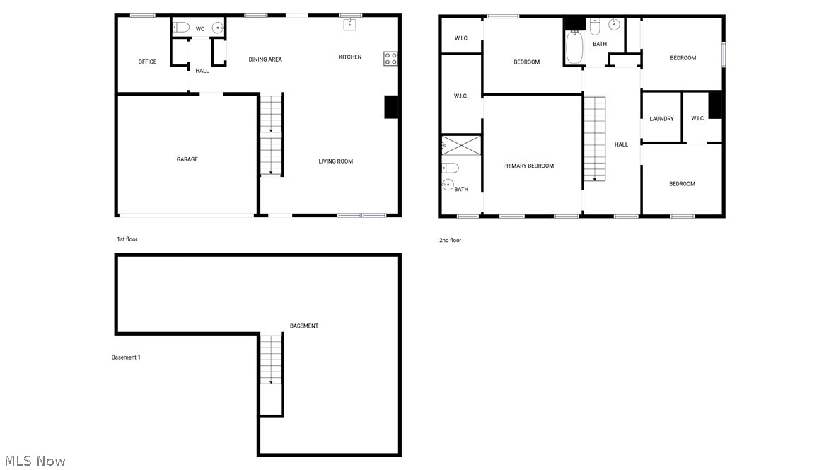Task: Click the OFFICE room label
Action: click(x=147, y=62)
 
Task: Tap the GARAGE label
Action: click(x=187, y=160)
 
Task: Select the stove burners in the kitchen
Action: click(x=390, y=59)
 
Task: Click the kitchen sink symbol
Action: click(x=349, y=25)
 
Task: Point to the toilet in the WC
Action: click(x=181, y=28)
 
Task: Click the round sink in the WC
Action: click(x=217, y=28)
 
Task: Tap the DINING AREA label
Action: click(x=265, y=59)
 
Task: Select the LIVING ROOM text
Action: click(x=335, y=161)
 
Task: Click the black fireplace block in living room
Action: click(x=391, y=107)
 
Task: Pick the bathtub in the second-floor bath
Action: click(x=574, y=47)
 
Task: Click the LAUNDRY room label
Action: click(x=661, y=119)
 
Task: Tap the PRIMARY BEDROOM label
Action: click(x=528, y=166)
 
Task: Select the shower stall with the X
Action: click(x=460, y=147)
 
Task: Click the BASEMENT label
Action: click(x=304, y=326)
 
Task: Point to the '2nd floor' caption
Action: click(x=450, y=241)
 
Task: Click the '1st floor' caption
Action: click(x=127, y=239)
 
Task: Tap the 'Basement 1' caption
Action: click(x=126, y=357)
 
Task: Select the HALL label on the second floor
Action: click(x=621, y=145)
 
